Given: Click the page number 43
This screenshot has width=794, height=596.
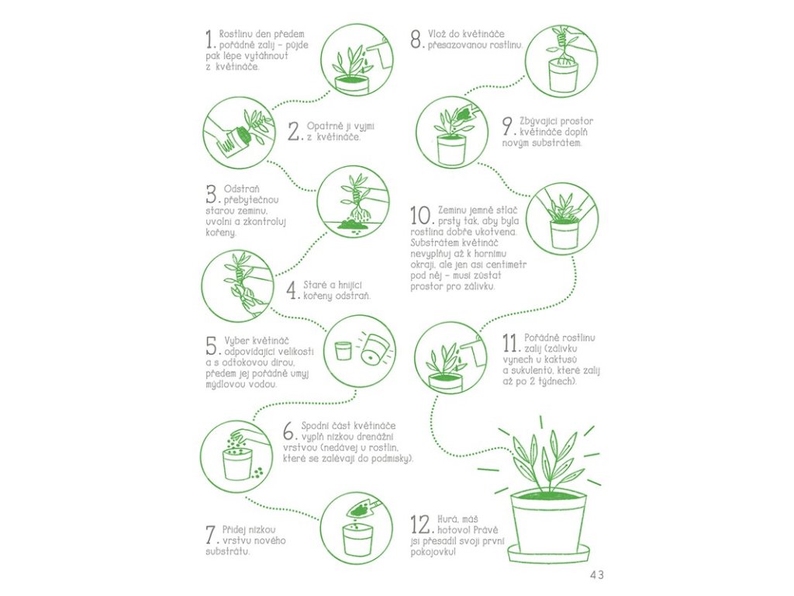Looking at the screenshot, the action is [x=596, y=575].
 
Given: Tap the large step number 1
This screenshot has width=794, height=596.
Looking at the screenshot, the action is [x=210, y=39].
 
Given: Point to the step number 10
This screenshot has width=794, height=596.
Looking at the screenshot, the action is [x=422, y=216].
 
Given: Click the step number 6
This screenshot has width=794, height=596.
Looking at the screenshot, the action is [x=289, y=431].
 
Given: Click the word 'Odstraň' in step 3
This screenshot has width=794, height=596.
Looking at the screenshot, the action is [x=242, y=189].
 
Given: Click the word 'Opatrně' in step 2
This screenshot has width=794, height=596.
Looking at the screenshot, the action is [x=325, y=126].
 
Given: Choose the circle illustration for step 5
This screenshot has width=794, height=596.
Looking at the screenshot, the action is [x=359, y=351].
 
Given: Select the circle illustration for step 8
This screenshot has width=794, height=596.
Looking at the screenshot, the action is [x=561, y=61].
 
